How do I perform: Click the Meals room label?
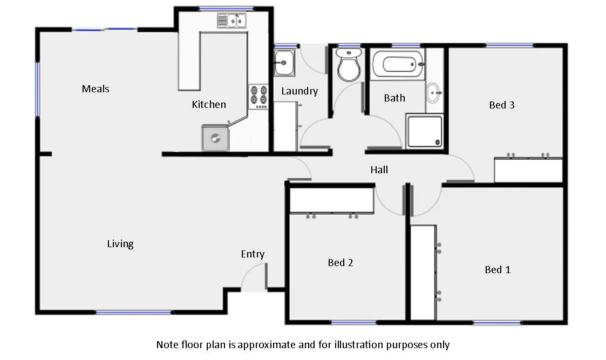click(x=96, y=89)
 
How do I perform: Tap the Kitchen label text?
click(x=209, y=104)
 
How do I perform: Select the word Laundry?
click(x=299, y=91)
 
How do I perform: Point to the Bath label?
click(x=394, y=98)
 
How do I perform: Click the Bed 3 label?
click(x=501, y=105)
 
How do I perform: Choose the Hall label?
click(x=379, y=169)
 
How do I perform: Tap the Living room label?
click(x=120, y=243)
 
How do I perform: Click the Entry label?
click(x=253, y=254)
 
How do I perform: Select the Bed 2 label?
click(x=340, y=262)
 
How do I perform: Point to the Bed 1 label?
click(x=497, y=269)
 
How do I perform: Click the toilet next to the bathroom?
click(x=348, y=65)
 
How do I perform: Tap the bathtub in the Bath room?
click(x=397, y=64)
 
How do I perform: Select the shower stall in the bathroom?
click(x=424, y=131)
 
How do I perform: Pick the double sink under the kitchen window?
click(x=231, y=21)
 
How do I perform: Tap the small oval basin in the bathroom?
click(x=433, y=93)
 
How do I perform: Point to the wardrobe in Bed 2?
click(x=332, y=200)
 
